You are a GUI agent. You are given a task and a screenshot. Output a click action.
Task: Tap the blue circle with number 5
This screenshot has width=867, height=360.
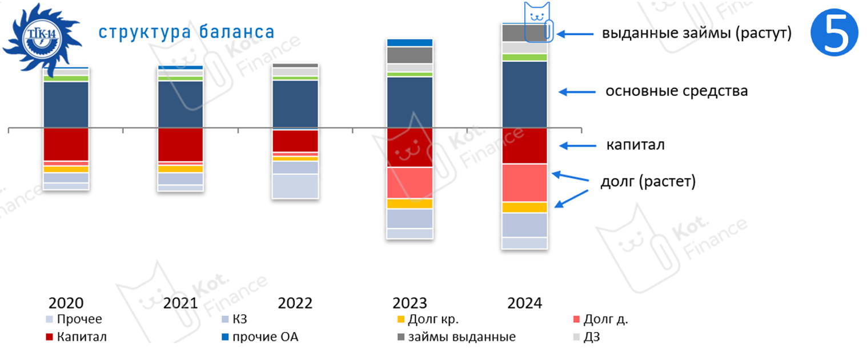(834, 34)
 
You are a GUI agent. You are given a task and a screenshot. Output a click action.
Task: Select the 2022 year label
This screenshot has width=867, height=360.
(295, 303)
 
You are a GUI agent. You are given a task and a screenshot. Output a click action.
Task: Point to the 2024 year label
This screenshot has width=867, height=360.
(524, 303)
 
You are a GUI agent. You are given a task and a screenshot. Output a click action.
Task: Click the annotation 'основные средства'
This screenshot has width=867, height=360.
(676, 91)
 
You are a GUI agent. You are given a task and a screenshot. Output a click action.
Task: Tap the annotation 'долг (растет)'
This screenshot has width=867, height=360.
(648, 182)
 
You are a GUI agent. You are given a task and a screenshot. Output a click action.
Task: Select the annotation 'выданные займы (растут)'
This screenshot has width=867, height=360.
(696, 34)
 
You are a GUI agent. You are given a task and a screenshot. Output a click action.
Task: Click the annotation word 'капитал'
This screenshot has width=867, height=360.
(635, 145)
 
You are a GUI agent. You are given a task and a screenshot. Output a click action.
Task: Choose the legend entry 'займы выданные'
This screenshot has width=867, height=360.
(461, 337)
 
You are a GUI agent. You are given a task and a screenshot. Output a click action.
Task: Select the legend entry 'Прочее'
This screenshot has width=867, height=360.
(79, 319)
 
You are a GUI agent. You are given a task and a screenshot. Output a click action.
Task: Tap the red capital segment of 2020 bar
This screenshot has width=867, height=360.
(66, 144)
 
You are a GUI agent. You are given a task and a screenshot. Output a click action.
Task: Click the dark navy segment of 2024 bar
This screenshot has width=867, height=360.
(524, 94)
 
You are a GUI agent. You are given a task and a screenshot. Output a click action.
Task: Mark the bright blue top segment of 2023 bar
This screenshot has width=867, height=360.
(410, 43)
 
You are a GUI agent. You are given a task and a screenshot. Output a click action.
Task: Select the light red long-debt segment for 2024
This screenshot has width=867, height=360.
(524, 183)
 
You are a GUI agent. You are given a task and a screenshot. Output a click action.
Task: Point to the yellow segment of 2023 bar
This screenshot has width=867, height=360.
(410, 203)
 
